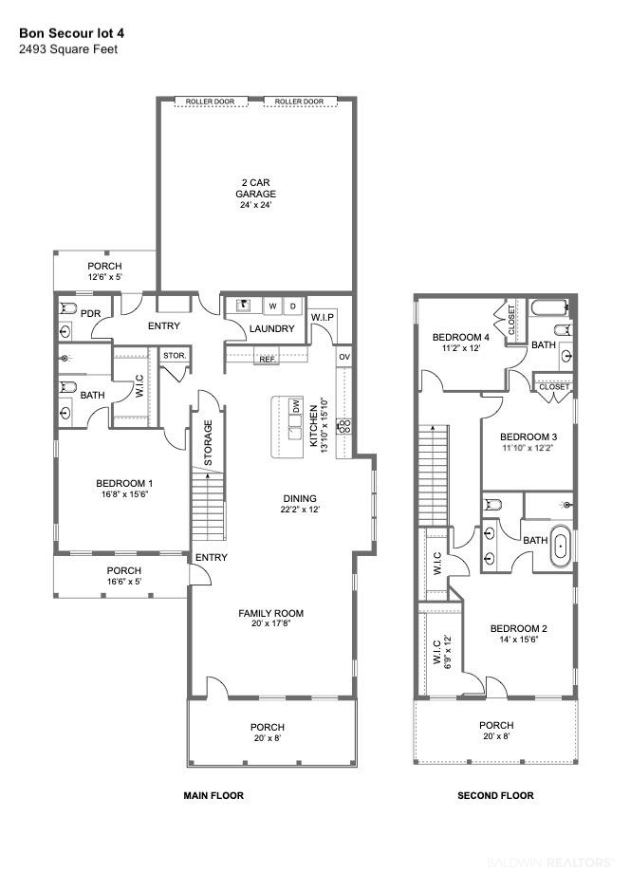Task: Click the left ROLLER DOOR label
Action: point(210,102)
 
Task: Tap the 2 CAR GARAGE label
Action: point(255,188)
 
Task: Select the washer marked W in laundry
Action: point(272,306)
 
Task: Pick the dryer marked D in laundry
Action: point(293,306)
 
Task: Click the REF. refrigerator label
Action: point(268,359)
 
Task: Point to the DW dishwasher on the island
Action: point(295,406)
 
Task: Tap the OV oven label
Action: point(344,357)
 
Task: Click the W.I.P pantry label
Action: point(323,317)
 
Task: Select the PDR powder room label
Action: point(91,314)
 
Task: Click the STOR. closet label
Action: point(175,355)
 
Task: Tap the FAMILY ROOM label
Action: point(271,613)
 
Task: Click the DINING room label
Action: point(300,498)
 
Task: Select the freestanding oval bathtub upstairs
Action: point(560,546)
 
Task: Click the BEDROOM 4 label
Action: point(461,338)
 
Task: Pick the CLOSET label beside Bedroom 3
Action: point(554,386)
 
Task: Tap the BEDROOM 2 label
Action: point(519,628)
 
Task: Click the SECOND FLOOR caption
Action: point(496,795)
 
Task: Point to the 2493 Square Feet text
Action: point(68,49)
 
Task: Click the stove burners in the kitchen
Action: point(344,426)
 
